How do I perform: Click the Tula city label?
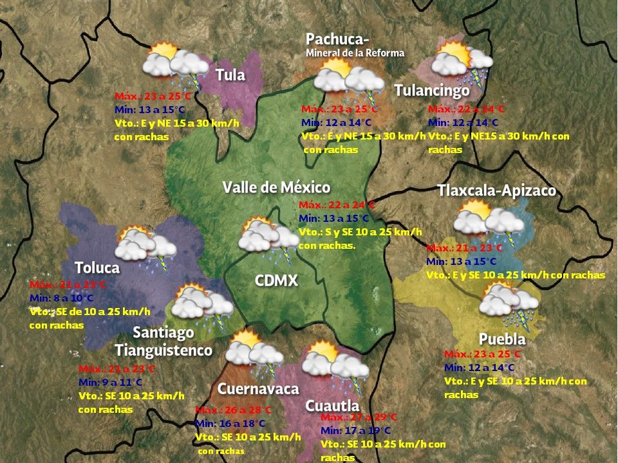(230, 75)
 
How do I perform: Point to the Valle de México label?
(276, 188)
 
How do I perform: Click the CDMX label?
(276, 281)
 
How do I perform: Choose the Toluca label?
(97, 268)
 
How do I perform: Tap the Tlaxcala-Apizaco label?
(496, 191)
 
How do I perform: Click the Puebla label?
(502, 339)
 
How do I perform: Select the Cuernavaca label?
(258, 389)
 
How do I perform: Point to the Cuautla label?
(332, 406)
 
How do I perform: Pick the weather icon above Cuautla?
(335, 362)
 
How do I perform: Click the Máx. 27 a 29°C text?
(359, 417)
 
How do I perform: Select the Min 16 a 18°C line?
(229, 423)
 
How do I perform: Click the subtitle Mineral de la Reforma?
(355, 53)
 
